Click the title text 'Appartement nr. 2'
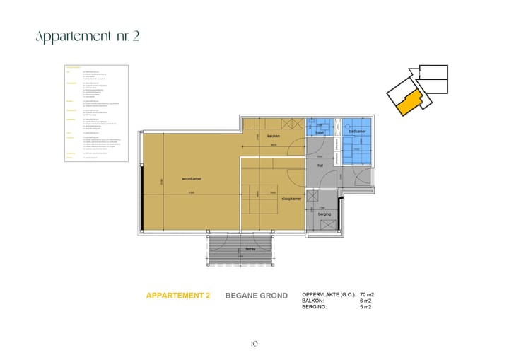87,36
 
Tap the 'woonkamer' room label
192,179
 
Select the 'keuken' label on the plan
274,136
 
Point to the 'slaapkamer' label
291,199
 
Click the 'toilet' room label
320,132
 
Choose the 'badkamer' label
357,132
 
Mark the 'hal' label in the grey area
320,166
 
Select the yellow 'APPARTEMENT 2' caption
177,296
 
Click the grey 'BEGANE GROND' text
257,296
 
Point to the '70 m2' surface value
367,294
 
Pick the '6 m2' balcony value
365,301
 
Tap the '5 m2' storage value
365,308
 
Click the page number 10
254,344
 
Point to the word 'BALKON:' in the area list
313,301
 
